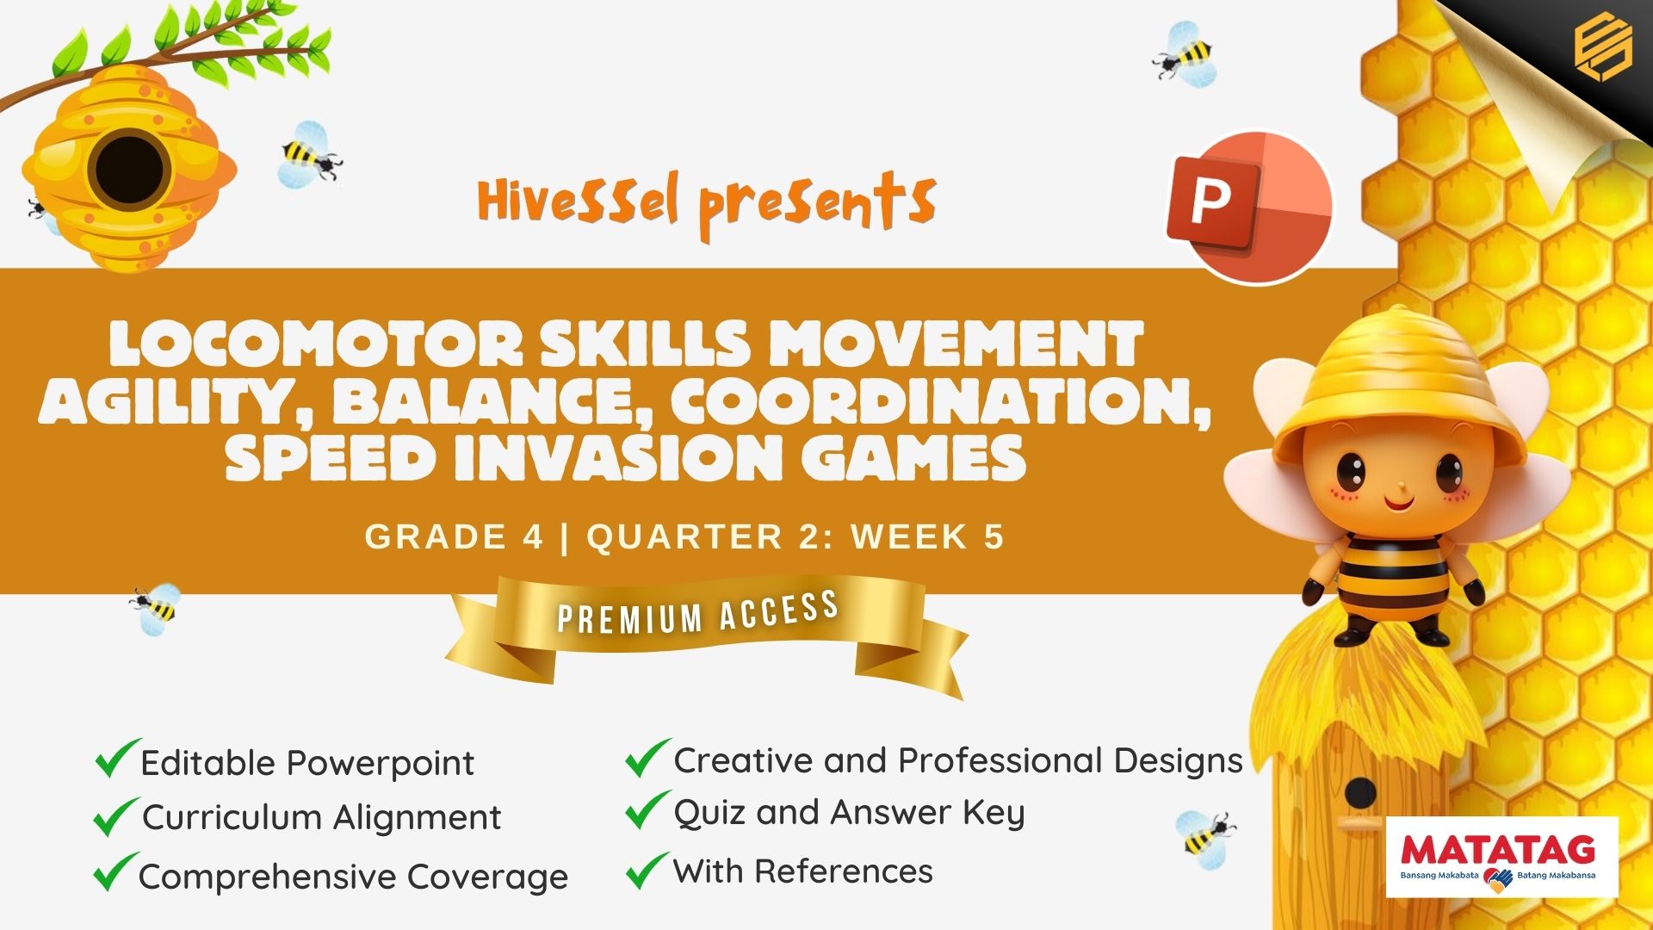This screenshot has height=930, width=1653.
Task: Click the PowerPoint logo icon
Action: point(1248,207)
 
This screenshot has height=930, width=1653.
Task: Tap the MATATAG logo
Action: point(1501,857)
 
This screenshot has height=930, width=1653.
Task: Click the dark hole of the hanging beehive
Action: point(129,169)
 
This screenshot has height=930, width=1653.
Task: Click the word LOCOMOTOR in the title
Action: point(316,344)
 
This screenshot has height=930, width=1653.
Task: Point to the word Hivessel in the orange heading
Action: point(578,201)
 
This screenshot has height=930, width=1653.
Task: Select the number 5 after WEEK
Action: point(994,536)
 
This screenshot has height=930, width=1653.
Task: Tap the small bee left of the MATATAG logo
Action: point(1205,833)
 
